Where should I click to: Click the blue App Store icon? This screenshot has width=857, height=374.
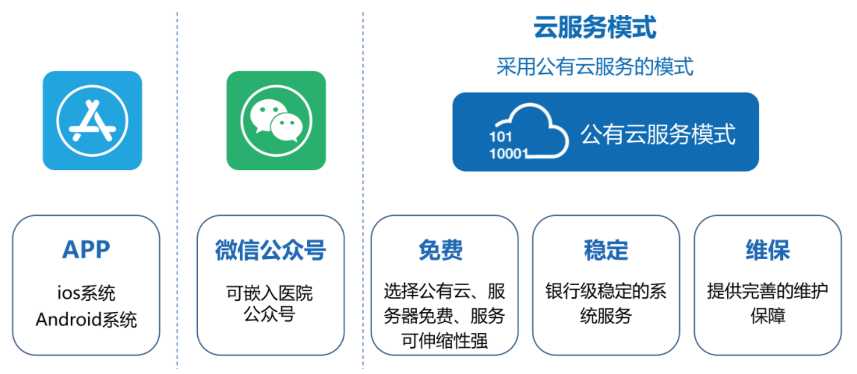[x=93, y=120]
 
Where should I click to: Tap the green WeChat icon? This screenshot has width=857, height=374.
[x=276, y=120]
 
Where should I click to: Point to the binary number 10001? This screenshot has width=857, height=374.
[x=508, y=154]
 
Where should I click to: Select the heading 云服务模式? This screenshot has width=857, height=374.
[x=595, y=28]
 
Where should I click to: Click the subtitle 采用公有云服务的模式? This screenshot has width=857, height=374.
[x=595, y=67]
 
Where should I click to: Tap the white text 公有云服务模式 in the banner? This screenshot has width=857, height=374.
[x=658, y=134]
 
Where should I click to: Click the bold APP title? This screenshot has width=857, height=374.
[x=86, y=250]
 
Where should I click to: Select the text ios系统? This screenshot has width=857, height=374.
[x=86, y=293]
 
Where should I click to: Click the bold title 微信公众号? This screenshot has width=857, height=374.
[x=270, y=250]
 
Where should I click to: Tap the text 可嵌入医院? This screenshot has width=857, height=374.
[x=270, y=293]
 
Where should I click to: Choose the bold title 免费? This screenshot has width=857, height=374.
[x=441, y=250]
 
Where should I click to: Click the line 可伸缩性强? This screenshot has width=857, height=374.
[x=445, y=341]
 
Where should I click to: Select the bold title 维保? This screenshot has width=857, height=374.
[x=768, y=250]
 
